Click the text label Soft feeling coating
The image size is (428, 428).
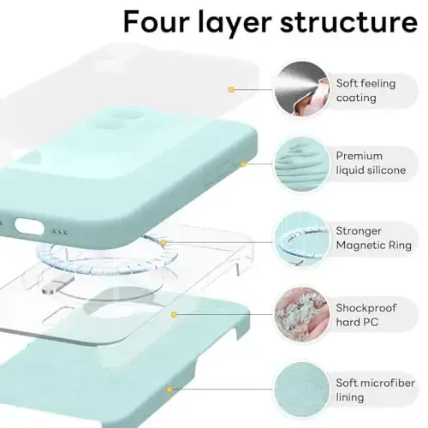(367, 90)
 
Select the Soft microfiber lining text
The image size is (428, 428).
(373, 389)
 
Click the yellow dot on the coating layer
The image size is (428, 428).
(231, 88)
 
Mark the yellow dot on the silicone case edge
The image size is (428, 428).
(243, 163)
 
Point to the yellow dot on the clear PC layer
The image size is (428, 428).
(174, 314)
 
